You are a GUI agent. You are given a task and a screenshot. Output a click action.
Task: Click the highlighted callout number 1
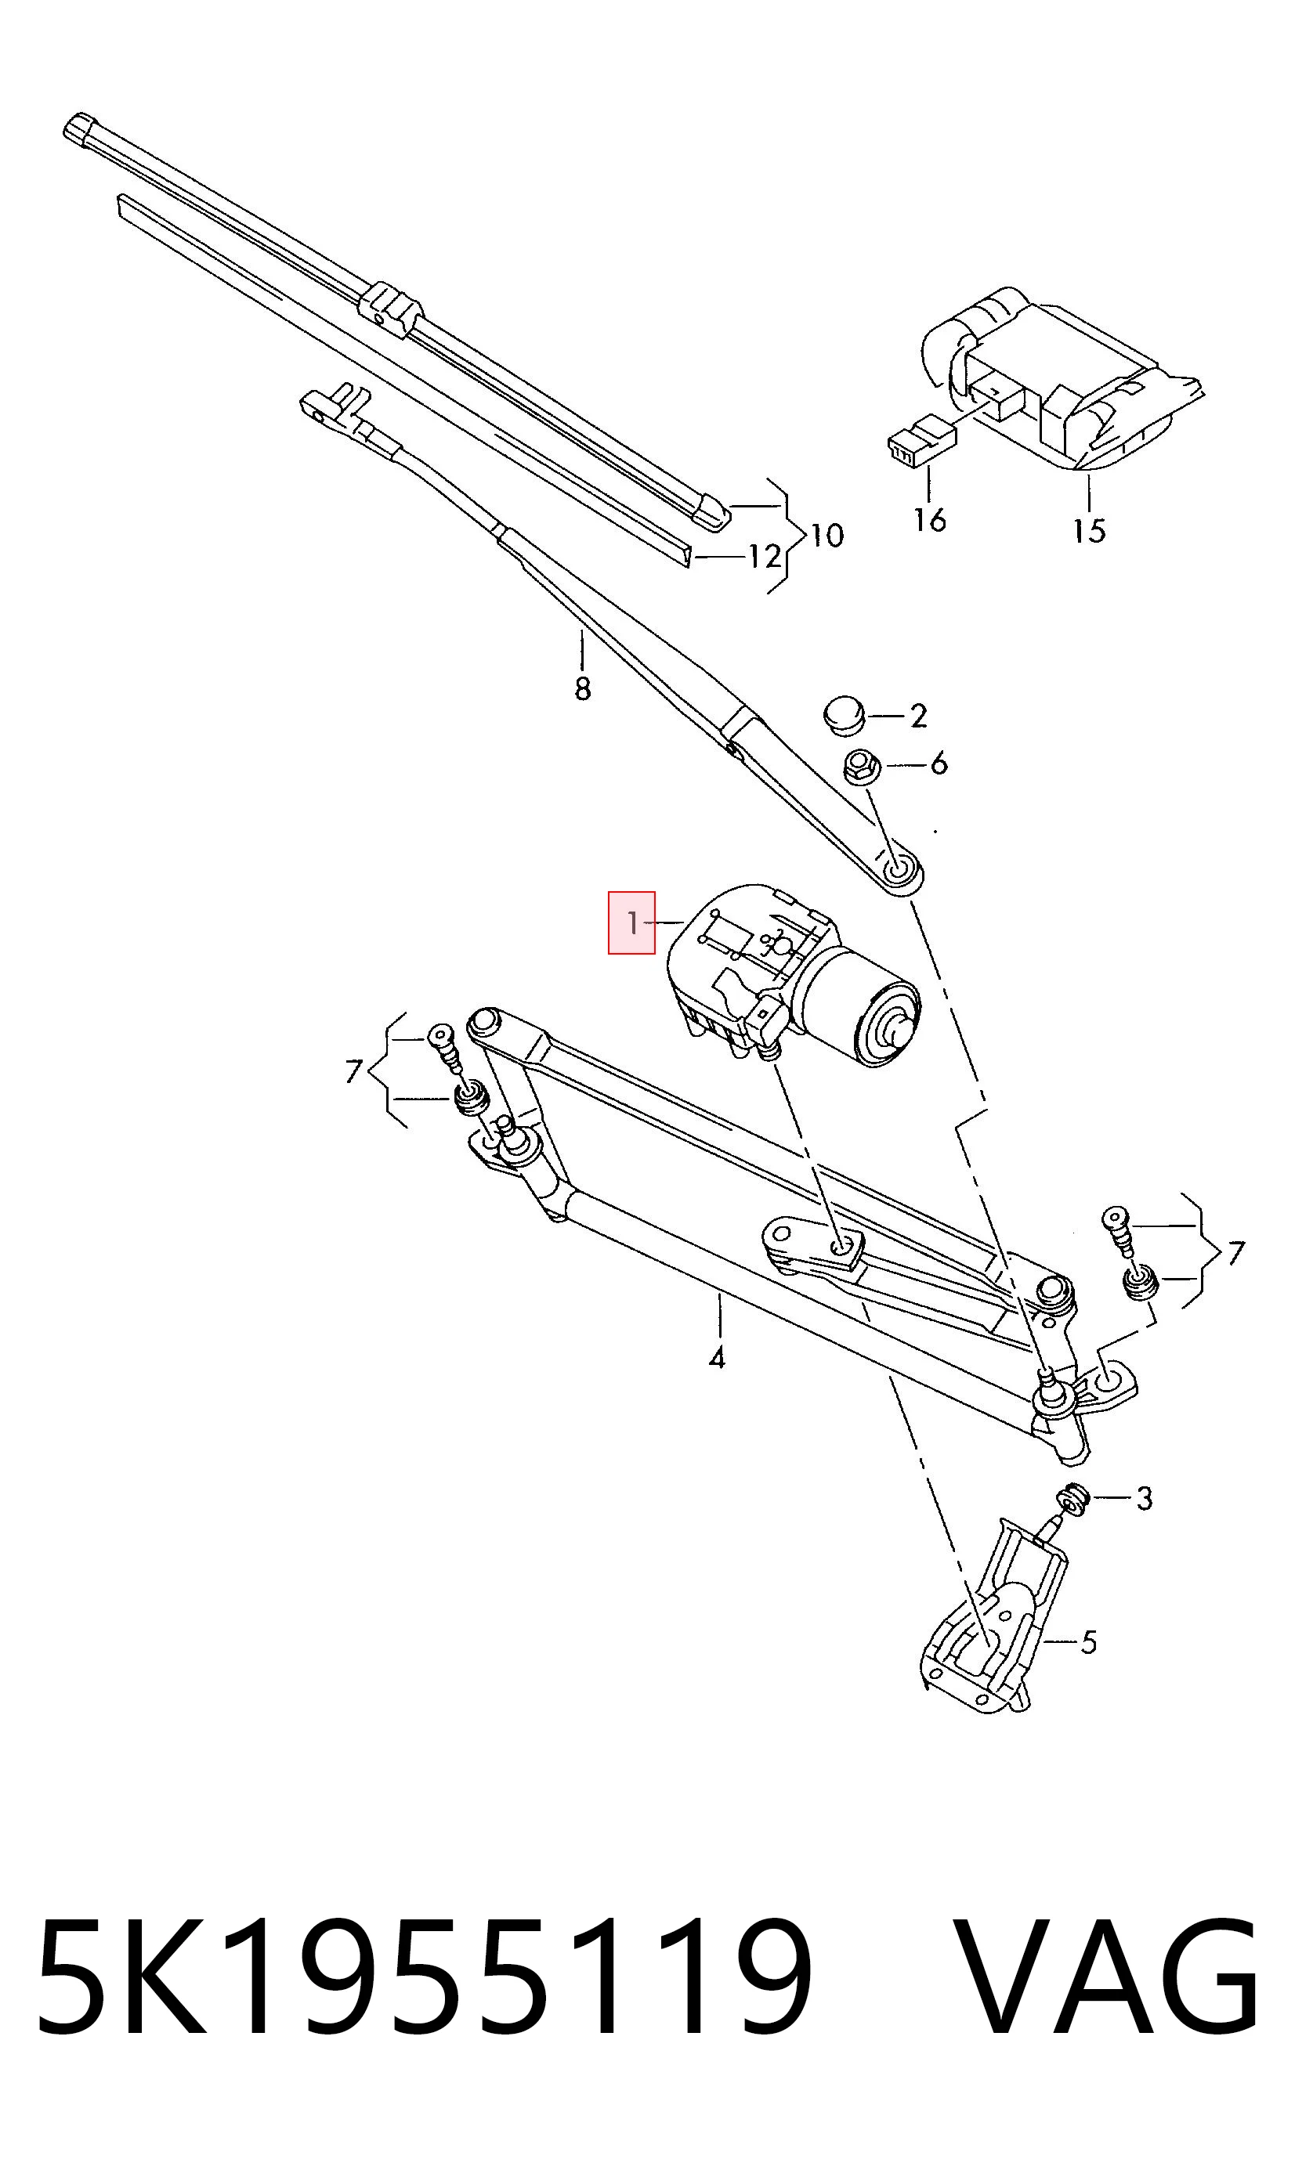coord(632,922)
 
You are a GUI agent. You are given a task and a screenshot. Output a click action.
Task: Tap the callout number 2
coord(917,716)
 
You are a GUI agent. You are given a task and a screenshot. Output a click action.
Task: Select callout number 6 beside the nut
coord(939,764)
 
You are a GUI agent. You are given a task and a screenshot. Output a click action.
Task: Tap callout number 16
coord(929,520)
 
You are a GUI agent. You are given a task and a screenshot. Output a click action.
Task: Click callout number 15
coord(1090,530)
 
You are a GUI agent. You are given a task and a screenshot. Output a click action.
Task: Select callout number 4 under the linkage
coord(717,1358)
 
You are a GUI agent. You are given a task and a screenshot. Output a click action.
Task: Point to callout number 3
coord(1144,1498)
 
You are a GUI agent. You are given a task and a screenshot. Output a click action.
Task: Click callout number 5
coord(1087,1642)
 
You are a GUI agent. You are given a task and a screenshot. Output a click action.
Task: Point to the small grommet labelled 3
coord(1071,1499)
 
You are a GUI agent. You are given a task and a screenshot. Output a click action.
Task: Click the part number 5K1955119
coord(425,2020)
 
